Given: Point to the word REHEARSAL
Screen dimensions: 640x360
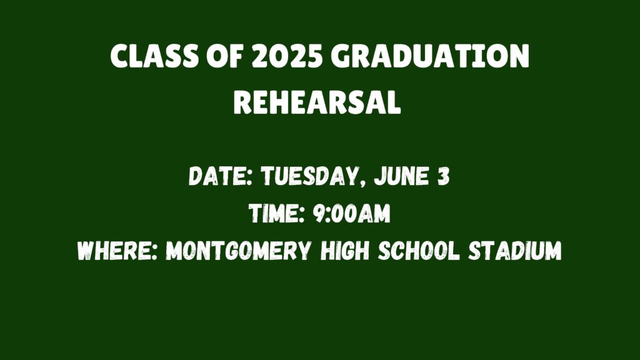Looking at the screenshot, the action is tap(317, 102).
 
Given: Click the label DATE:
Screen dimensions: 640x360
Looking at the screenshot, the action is tap(221, 176).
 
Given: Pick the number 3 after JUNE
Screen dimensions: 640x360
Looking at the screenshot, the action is tap(444, 176).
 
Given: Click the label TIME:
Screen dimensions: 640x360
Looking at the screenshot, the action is tap(277, 213).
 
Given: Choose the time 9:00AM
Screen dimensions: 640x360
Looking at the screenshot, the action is tap(352, 213).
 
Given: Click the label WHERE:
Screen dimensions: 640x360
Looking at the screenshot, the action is tap(117, 250).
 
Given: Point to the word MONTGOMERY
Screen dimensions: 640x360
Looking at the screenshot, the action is tap(239, 250).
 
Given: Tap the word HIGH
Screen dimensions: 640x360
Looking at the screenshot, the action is tap(345, 250).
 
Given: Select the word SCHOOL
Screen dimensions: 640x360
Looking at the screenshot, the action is tap(419, 250).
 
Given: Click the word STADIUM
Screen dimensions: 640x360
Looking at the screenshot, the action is tap(515, 250).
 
